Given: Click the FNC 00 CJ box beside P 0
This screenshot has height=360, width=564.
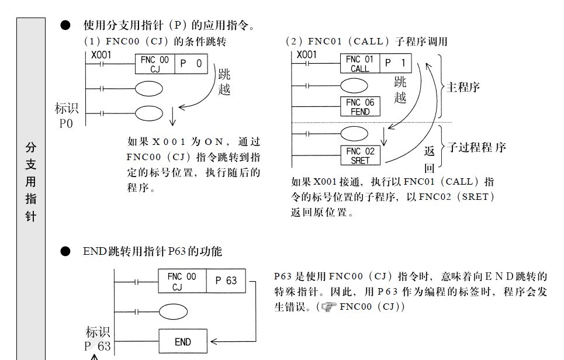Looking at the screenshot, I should pyautogui.click(x=155, y=64).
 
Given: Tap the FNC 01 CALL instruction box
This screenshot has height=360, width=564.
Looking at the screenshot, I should pyautogui.click(x=360, y=63).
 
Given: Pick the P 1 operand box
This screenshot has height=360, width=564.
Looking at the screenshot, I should pyautogui.click(x=396, y=63).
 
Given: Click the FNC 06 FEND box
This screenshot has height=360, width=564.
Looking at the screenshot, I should pyautogui.click(x=360, y=106).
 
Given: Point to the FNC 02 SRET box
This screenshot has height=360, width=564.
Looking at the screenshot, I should pyautogui.click(x=360, y=155).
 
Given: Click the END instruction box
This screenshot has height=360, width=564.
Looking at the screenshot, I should pyautogui.click(x=183, y=342).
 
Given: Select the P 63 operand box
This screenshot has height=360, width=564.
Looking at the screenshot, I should pyautogui.click(x=226, y=281).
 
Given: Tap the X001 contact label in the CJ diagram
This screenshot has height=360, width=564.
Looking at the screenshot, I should pyautogui.click(x=101, y=54).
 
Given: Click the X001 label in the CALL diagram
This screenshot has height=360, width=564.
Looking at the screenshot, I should pyautogui.click(x=306, y=54).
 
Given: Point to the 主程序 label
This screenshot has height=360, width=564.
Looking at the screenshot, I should pyautogui.click(x=463, y=88).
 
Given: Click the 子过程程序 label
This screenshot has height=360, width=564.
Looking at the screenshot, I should pyautogui.click(x=476, y=147).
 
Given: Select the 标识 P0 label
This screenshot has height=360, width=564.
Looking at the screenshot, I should pyautogui.click(x=66, y=116).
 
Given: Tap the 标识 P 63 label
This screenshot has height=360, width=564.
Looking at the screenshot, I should pyautogui.click(x=97, y=339).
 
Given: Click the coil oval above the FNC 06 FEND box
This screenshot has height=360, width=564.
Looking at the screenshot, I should pyautogui.click(x=355, y=85).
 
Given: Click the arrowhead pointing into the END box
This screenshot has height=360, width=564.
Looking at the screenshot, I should pyautogui.click(x=214, y=342).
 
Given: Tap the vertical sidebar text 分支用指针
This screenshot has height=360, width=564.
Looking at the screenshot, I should pyautogui.click(x=31, y=181).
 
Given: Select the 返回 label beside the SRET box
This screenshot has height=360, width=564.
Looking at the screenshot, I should pyautogui.click(x=430, y=160).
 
